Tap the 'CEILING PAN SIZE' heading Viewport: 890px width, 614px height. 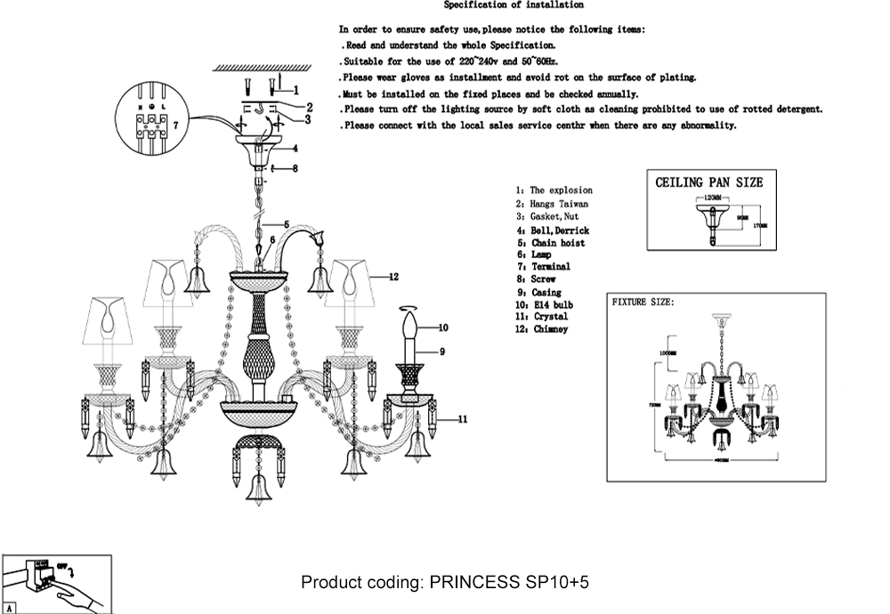[x=708, y=182]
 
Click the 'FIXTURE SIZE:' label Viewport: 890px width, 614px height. [x=643, y=303]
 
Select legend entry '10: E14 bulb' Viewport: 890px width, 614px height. [x=542, y=304]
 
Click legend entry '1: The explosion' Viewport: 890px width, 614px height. [x=554, y=190]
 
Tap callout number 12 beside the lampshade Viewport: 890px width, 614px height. [x=392, y=277]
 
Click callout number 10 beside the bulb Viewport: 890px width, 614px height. [x=442, y=327]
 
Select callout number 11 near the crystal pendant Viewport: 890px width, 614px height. [x=463, y=418]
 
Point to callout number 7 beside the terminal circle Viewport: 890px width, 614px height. [x=176, y=126]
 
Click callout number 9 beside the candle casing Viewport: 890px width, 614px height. [x=442, y=351]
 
